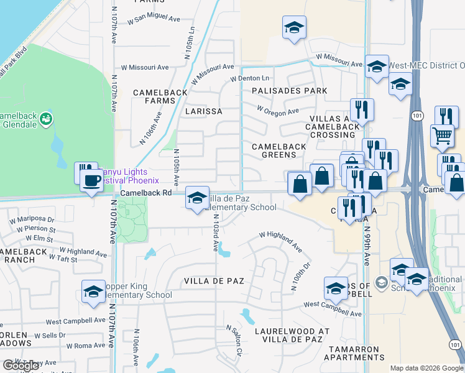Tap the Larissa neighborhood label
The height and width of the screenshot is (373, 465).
coord(204,111)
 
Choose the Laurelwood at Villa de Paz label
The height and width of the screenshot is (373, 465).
coord(288,335)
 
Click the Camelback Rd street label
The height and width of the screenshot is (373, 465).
coord(145,193)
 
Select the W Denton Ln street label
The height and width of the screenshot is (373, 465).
coord(249,78)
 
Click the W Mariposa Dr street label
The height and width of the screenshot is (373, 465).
coord(32,219)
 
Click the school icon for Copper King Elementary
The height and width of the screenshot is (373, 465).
coord(94,291)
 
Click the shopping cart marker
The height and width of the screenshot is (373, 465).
coord(441,134)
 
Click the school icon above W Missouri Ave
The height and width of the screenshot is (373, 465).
coord(294,27)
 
